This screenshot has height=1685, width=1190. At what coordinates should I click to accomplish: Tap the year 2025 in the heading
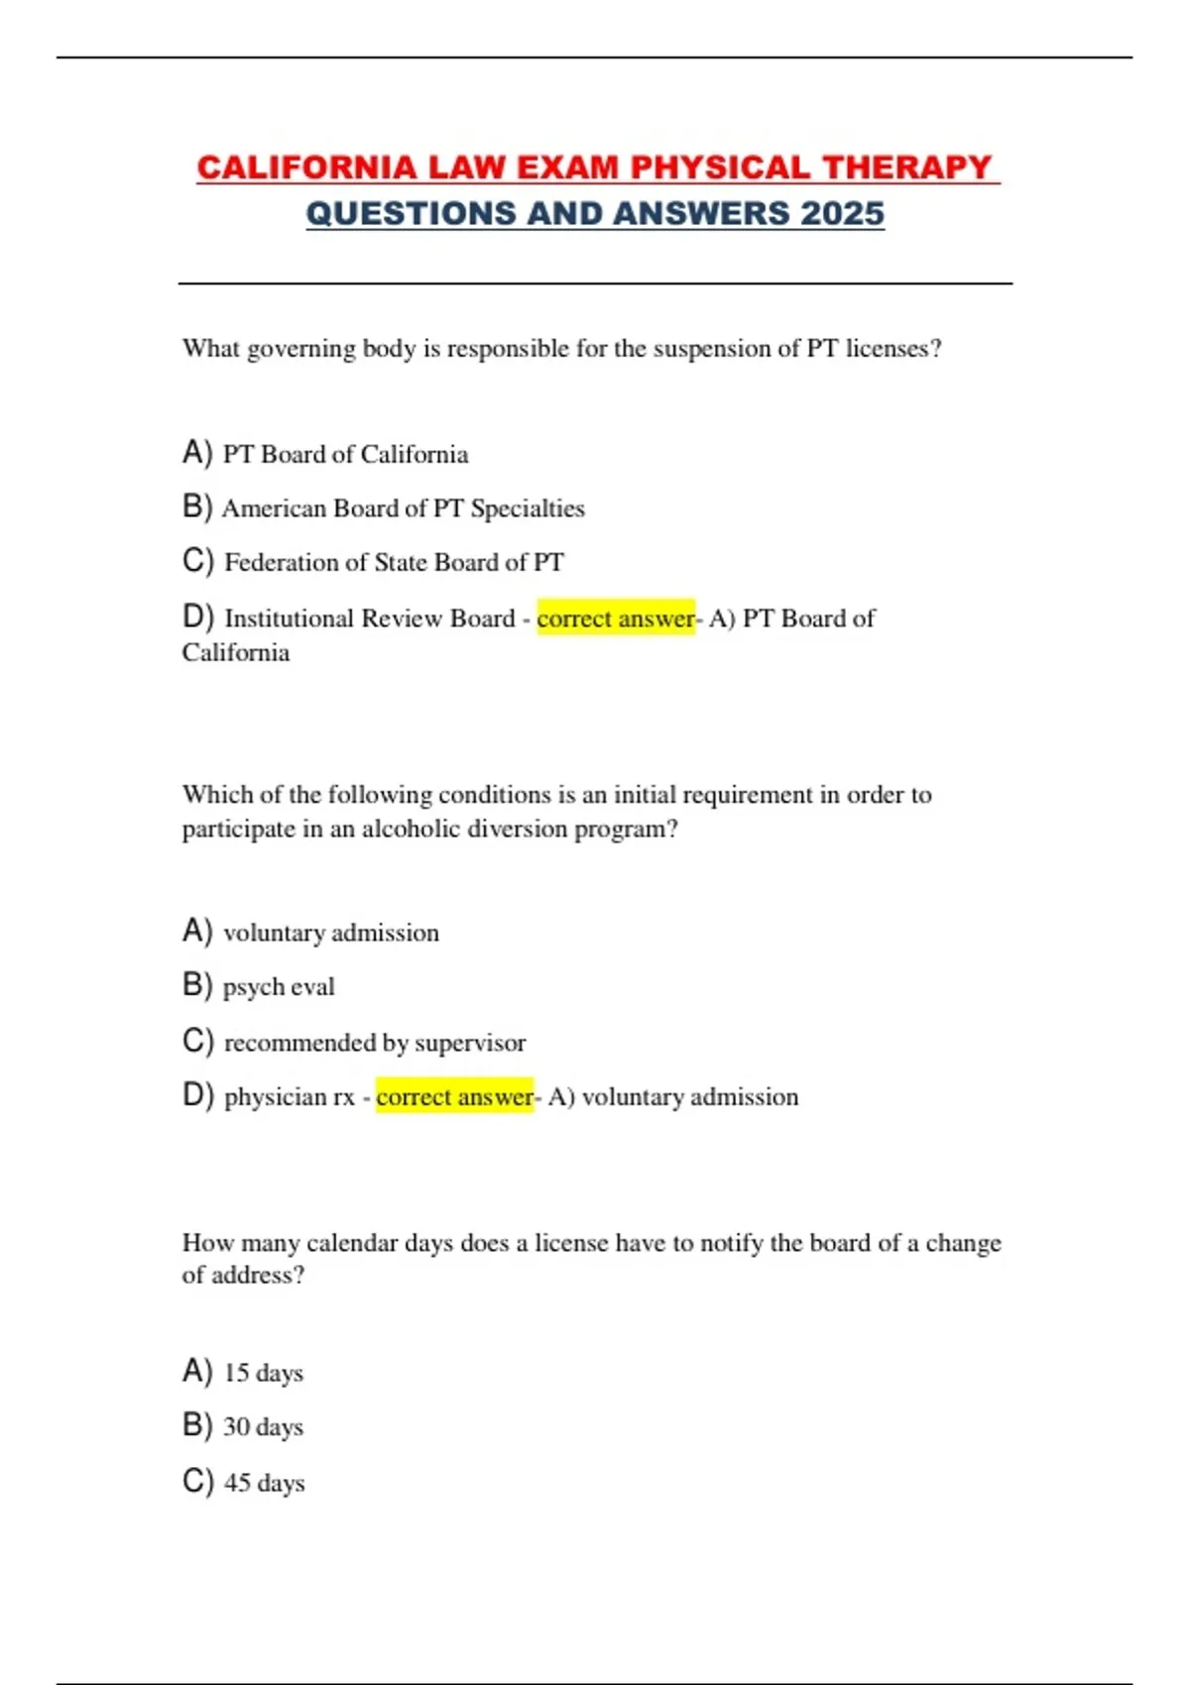point(842,213)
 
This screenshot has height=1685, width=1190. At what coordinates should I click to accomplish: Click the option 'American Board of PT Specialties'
point(403,508)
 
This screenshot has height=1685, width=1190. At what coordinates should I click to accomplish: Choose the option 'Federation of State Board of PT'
point(394,563)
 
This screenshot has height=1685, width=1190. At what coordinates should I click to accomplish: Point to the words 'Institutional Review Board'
point(369,618)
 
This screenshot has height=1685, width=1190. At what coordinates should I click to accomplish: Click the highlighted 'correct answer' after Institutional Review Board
point(616,618)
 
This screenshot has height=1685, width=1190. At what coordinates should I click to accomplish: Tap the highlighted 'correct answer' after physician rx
point(454,1097)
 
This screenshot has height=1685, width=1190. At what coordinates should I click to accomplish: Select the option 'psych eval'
point(279,987)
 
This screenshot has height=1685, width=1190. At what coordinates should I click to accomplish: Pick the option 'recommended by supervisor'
point(375,1043)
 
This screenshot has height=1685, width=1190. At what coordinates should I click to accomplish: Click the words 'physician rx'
point(289,1097)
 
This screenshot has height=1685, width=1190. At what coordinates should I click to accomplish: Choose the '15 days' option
point(263,1373)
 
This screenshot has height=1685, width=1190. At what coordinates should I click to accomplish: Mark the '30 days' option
point(263,1427)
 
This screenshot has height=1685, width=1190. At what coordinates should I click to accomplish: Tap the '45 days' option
point(264,1483)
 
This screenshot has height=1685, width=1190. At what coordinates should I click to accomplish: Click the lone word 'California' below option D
point(236,652)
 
